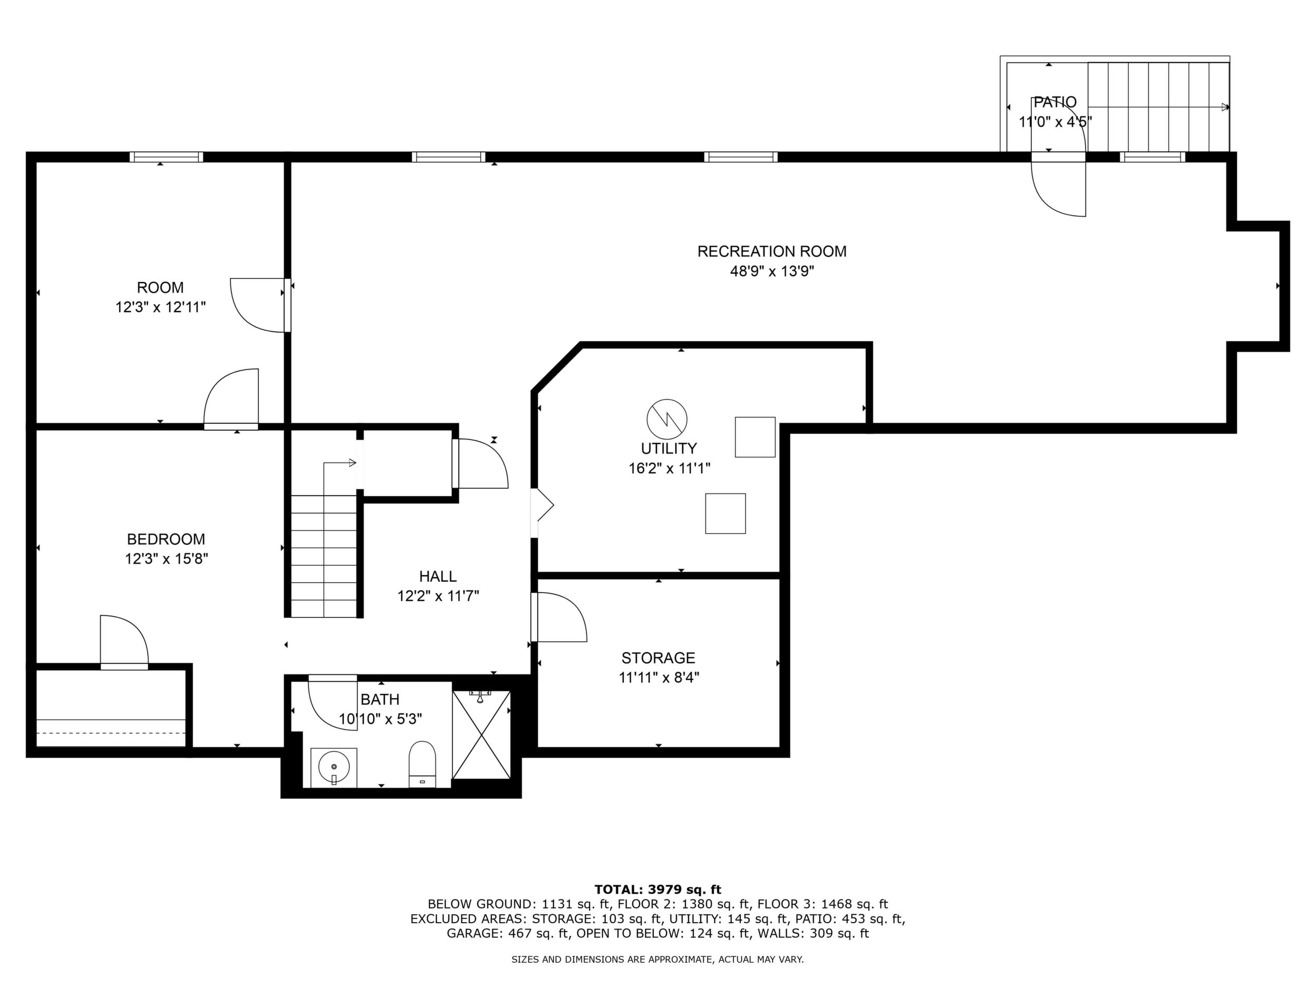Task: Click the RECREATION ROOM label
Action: coord(772,251)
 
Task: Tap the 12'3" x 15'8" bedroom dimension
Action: coord(166,559)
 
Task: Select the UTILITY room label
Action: coord(669,448)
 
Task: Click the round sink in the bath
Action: coord(333,768)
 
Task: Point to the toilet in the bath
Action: coord(422,764)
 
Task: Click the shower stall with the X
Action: coord(481,735)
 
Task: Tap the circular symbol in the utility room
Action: coord(667,419)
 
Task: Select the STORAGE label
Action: coord(658,657)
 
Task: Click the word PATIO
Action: coord(1055,102)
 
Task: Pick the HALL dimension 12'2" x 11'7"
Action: coord(439,596)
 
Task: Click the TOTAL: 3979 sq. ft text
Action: coord(658,889)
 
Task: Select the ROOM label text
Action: coord(160,287)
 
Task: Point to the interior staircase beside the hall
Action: coord(324,556)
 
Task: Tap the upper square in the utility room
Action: coord(755,437)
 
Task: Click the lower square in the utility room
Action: coord(725,514)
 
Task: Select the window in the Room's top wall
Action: coord(167,157)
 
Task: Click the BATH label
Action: coord(380,699)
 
